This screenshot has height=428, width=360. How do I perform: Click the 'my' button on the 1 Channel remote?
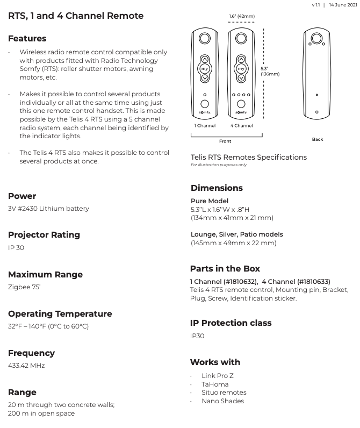pos(204,69)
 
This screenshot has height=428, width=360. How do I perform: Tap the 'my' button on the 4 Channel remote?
pos(241,69)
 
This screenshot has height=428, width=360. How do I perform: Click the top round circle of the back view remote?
pos(317,39)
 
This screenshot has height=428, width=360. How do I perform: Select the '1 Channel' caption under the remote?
pos(205,126)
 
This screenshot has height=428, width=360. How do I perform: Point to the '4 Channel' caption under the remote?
pos(241,126)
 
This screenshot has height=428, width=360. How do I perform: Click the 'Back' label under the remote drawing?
pos(318,139)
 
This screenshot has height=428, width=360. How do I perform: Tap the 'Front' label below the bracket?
pos(225,141)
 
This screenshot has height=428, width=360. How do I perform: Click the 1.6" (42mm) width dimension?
pos(242,17)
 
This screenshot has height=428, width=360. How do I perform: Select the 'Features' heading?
pos(27,39)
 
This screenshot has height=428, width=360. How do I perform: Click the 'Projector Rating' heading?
pos(44,235)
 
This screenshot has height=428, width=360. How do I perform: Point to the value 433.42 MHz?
pos(26,366)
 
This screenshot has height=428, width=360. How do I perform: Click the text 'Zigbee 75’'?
pos(24,287)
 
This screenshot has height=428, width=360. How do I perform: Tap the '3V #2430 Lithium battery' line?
pos(48,209)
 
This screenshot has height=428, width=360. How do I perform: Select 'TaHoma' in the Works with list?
pos(215,384)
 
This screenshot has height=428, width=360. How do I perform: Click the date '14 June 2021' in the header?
pos(343,5)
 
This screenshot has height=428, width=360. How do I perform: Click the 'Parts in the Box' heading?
pos(225,269)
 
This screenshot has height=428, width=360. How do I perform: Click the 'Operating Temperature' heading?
pos(60,314)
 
